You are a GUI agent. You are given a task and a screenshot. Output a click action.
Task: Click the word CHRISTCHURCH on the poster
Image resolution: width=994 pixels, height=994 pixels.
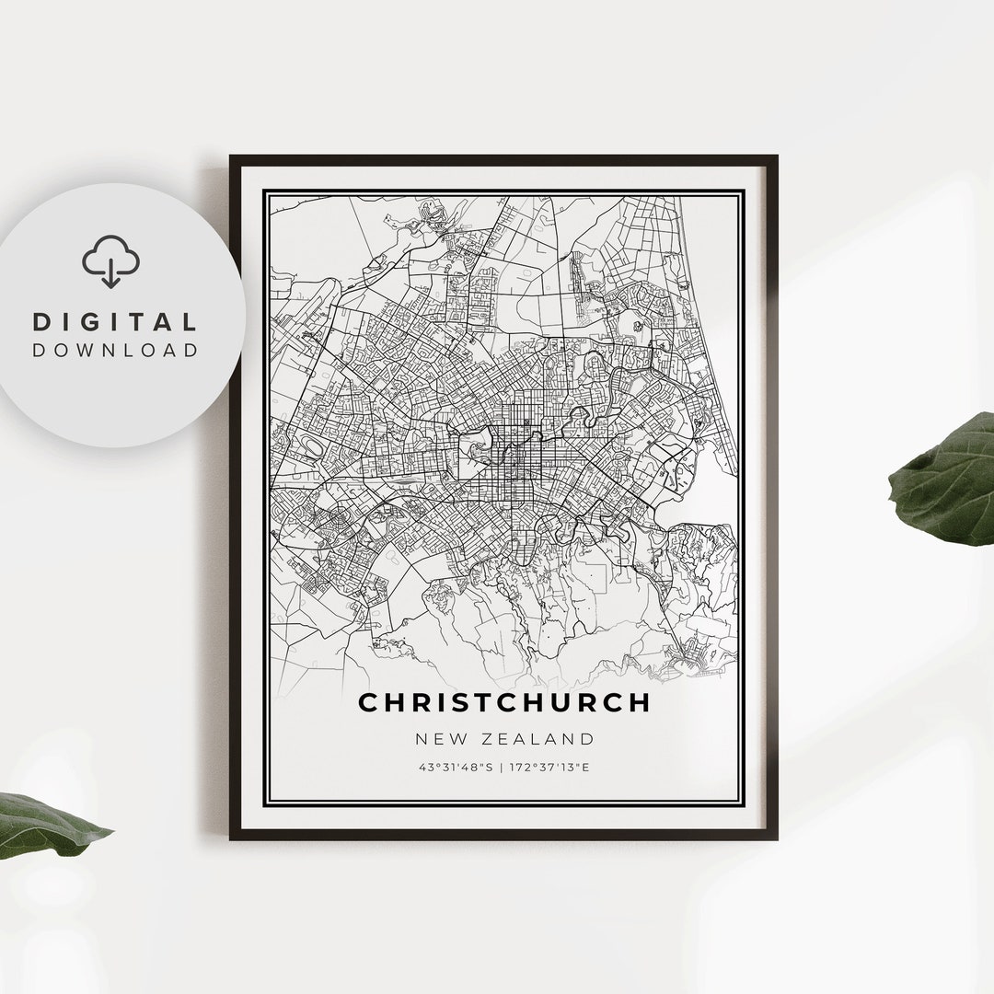(503, 702)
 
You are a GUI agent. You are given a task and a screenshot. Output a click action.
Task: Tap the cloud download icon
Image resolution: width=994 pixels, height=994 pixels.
(110, 261)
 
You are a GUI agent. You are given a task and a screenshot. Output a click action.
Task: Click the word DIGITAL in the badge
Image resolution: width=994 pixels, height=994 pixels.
(115, 322)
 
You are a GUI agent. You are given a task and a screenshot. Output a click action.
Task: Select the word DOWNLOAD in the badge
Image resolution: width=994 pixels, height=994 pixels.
(115, 350)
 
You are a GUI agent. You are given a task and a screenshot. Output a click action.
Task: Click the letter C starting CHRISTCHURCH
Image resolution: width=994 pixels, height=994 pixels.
(368, 702)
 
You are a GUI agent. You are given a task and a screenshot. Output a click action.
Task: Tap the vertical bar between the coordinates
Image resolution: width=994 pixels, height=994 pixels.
(503, 766)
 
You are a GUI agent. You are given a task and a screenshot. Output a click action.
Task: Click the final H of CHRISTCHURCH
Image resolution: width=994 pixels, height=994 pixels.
(640, 702)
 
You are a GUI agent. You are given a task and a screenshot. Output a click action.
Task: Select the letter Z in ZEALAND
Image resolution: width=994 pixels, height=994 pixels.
(490, 738)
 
